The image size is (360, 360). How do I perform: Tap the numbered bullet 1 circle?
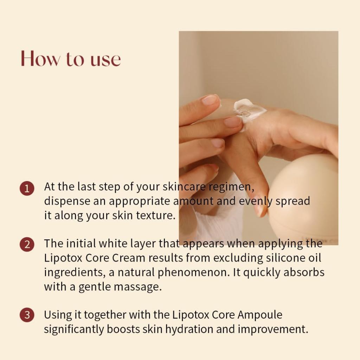coord(27,188)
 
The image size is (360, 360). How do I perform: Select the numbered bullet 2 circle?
coord(27,244)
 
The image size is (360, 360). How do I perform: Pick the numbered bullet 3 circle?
coord(27,315)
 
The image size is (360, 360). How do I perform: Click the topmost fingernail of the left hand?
coord(210,100)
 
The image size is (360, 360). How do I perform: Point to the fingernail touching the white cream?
coord(233,122)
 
